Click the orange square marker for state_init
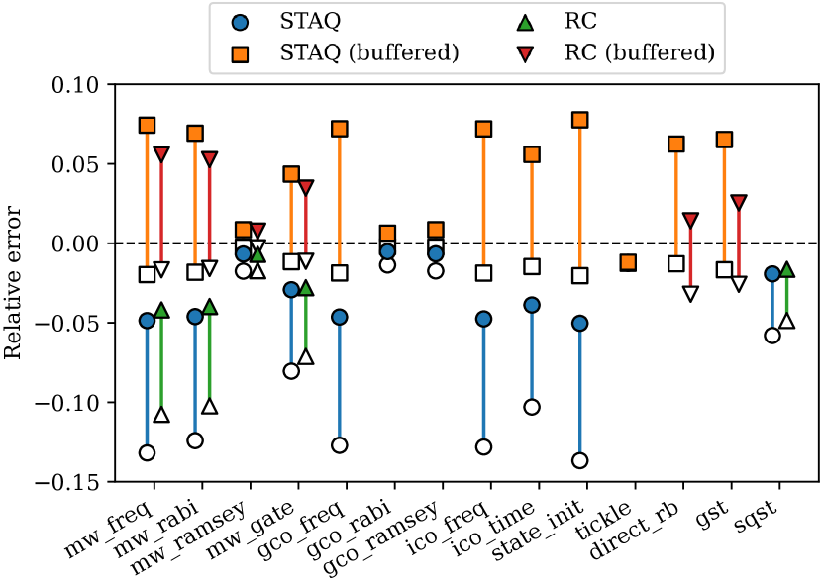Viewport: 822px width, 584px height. (x=579, y=120)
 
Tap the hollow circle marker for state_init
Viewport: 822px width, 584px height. (x=579, y=460)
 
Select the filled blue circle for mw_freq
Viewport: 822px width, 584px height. (x=148, y=320)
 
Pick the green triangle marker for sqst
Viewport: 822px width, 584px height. (x=786, y=269)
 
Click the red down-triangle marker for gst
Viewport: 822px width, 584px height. (x=738, y=202)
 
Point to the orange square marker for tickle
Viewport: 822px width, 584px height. (x=628, y=262)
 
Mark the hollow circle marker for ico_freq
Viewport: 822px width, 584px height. (x=483, y=446)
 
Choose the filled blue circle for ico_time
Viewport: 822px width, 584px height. (x=532, y=304)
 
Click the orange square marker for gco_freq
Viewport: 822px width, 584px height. (x=340, y=129)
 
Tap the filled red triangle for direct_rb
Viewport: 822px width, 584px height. (x=690, y=220)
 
